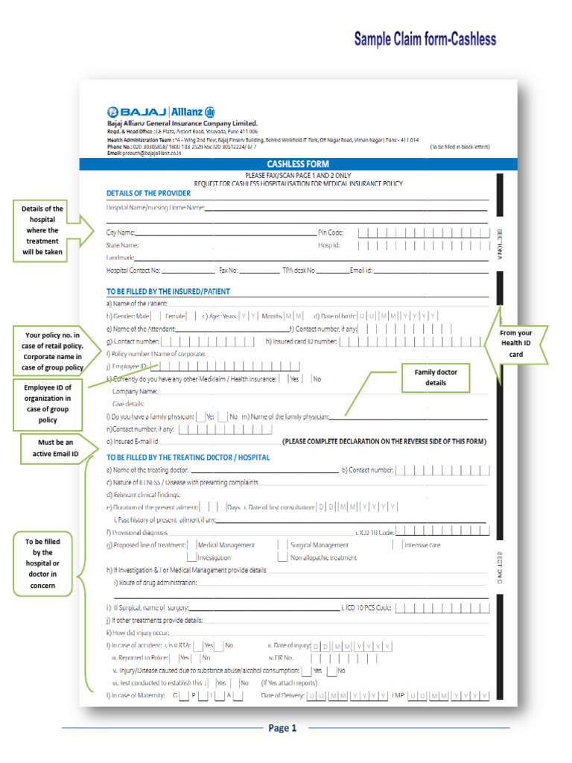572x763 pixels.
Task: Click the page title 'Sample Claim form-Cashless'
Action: click(x=425, y=39)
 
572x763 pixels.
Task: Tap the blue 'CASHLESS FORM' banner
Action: click(x=298, y=164)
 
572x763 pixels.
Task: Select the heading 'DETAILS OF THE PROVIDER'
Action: click(x=149, y=193)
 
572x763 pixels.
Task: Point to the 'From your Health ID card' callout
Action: click(x=515, y=343)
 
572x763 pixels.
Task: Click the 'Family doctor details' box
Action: click(x=436, y=377)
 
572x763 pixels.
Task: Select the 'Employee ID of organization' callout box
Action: click(x=48, y=404)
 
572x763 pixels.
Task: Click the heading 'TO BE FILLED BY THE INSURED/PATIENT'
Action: click(x=168, y=291)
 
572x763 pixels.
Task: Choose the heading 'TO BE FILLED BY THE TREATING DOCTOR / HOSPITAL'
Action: click(x=188, y=458)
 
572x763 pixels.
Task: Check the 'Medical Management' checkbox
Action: click(x=192, y=545)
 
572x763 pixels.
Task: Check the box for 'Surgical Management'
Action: click(x=282, y=545)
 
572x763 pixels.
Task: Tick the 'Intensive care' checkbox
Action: click(x=397, y=545)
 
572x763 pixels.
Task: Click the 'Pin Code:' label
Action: click(x=330, y=232)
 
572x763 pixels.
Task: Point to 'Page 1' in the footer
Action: click(x=283, y=728)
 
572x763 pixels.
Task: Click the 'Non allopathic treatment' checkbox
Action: click(x=282, y=557)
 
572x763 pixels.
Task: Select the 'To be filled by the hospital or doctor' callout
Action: click(x=42, y=563)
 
